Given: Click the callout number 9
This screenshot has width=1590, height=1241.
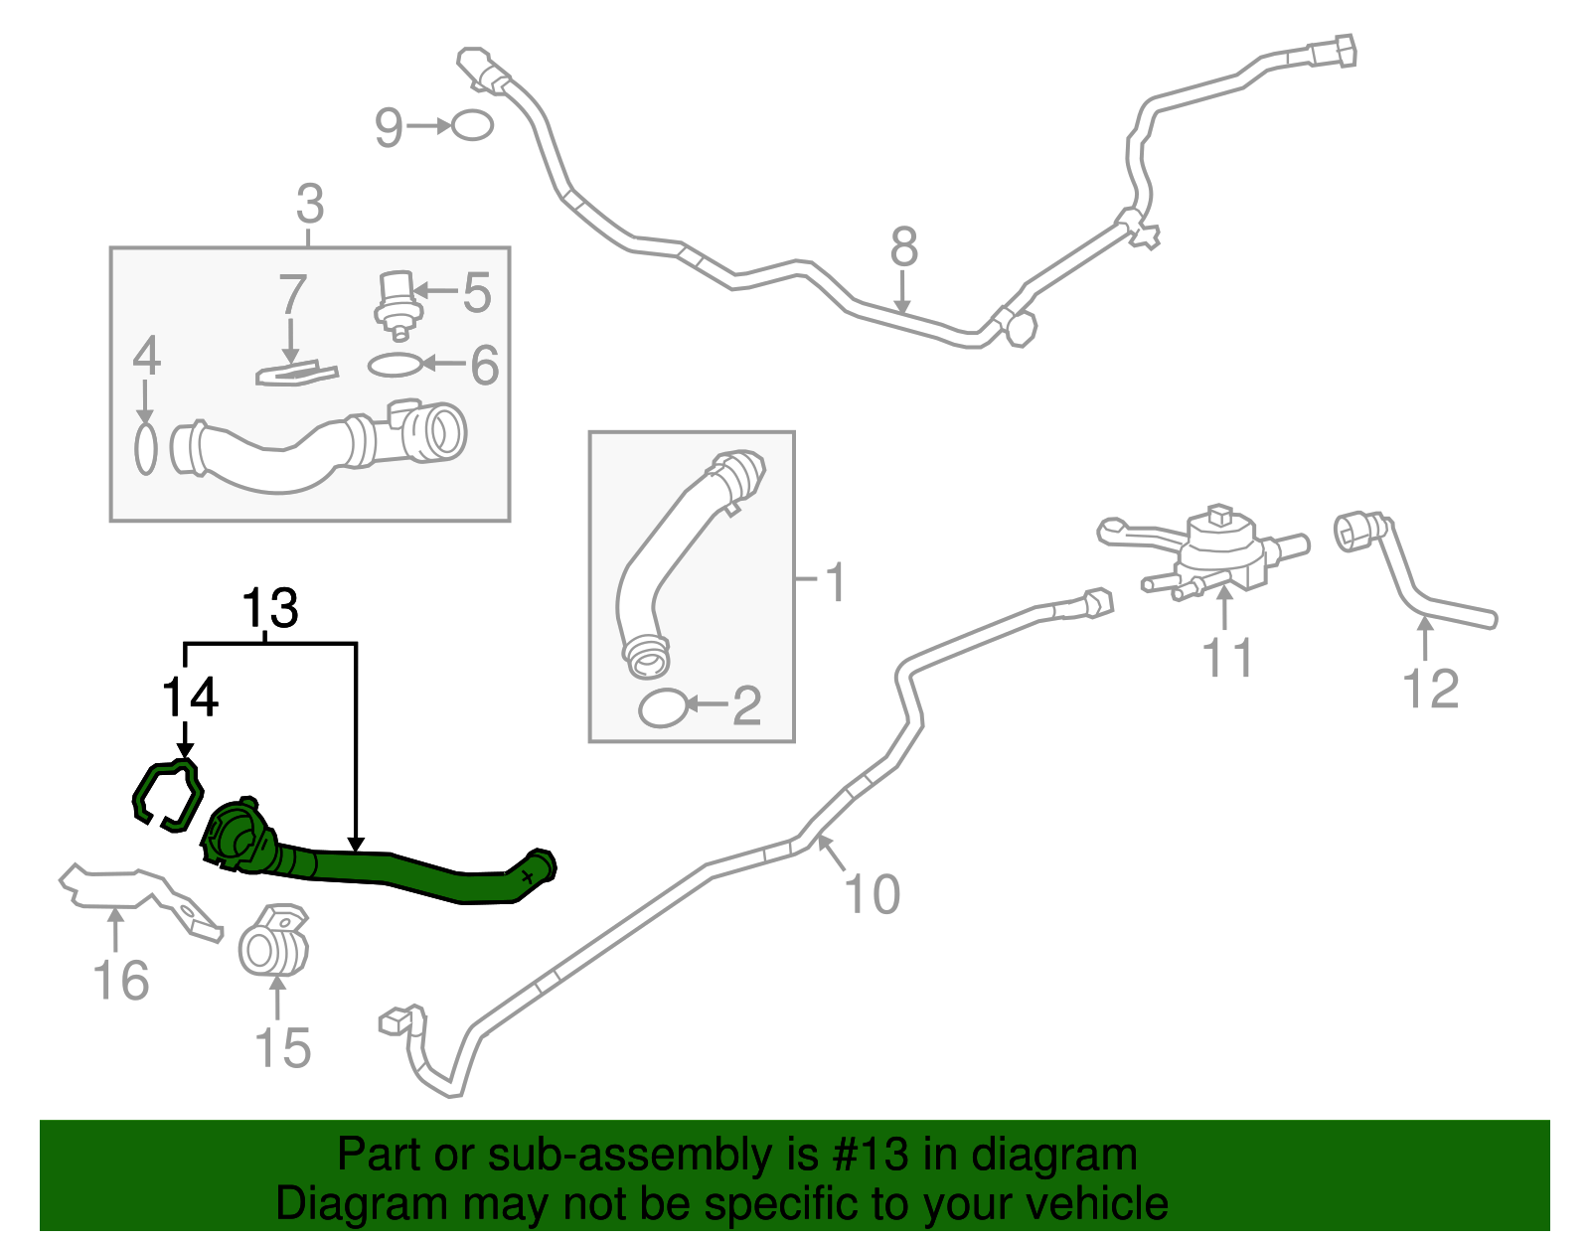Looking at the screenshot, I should (x=389, y=127).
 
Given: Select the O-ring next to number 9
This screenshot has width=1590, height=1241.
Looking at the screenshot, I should (x=471, y=126).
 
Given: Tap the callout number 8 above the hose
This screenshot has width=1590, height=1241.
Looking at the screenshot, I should (x=903, y=247).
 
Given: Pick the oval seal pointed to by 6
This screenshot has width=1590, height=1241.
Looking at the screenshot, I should (x=395, y=366).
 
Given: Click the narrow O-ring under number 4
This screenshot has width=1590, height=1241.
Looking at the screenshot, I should (x=146, y=449).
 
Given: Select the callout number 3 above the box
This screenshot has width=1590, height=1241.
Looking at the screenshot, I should (x=310, y=205).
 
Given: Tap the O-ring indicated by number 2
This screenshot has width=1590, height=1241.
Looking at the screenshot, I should (x=662, y=708).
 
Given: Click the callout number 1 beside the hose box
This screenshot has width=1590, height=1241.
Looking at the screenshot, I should (x=836, y=582).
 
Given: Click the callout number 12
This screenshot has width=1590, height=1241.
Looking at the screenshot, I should (x=1431, y=689).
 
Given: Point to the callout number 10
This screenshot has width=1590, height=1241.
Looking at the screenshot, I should (x=873, y=893).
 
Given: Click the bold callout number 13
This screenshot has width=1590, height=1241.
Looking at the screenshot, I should (x=270, y=608).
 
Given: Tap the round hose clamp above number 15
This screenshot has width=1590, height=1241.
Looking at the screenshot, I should (x=273, y=942).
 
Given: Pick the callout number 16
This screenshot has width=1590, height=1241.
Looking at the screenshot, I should (x=121, y=981).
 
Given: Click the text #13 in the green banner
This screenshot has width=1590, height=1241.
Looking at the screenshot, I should (x=864, y=1156).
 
